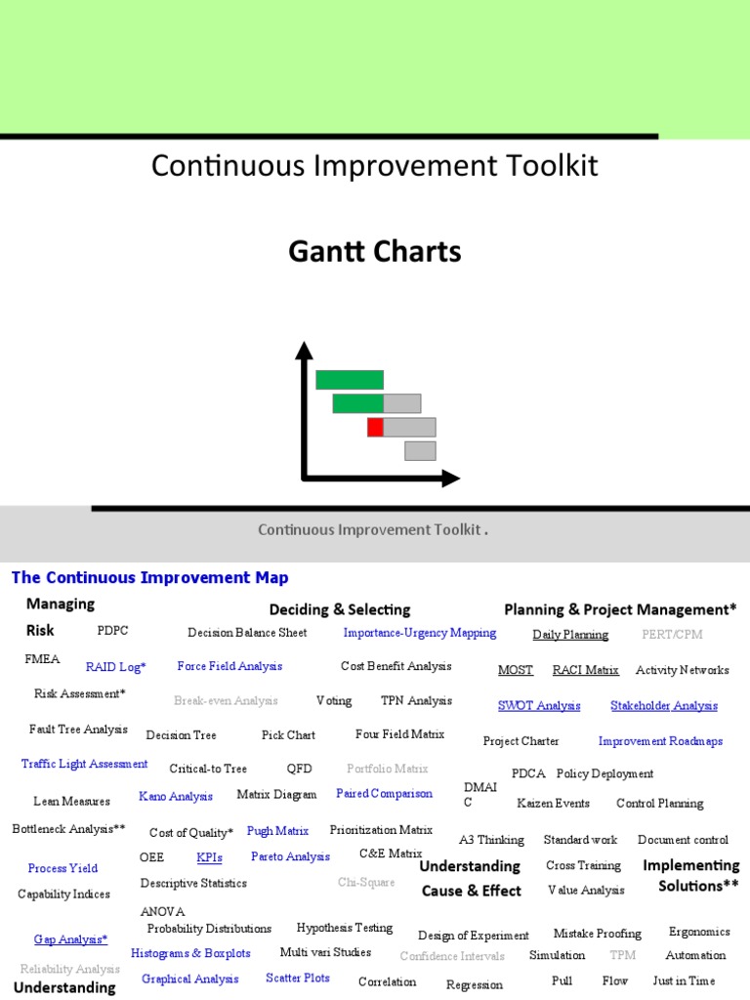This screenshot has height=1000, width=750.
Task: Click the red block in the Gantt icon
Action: pos(375,427)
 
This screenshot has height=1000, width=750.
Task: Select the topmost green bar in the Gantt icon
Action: pos(350,380)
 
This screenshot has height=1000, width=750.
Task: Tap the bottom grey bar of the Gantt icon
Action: pos(420,450)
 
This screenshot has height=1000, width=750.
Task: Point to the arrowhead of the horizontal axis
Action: pos(450,478)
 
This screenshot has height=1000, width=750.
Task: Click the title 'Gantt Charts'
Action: pos(375,252)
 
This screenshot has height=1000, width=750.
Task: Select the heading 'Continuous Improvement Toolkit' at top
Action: pos(375,166)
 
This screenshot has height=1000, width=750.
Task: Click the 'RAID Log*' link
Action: pos(116,667)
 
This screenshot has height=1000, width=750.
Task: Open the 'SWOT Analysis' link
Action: pos(539,705)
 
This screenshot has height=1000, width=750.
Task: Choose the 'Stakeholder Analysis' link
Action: pos(664,705)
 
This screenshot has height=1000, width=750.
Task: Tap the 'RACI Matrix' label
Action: pos(586,670)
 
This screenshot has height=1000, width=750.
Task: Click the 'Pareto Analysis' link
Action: pos(290,856)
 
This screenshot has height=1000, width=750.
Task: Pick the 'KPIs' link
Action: pos(210,857)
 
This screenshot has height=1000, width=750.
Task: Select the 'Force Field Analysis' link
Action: pos(229,666)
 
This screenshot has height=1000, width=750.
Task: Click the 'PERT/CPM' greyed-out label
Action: pos(672,634)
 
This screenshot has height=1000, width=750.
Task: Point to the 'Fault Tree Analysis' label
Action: pos(78,729)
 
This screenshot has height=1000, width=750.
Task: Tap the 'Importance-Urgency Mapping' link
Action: pos(420,633)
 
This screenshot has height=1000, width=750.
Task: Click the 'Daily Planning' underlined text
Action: pos(570,635)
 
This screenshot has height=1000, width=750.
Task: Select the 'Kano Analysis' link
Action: pos(176,796)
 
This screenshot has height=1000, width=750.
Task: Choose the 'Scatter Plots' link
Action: pos(298,978)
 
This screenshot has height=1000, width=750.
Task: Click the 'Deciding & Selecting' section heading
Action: pos(340,609)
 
